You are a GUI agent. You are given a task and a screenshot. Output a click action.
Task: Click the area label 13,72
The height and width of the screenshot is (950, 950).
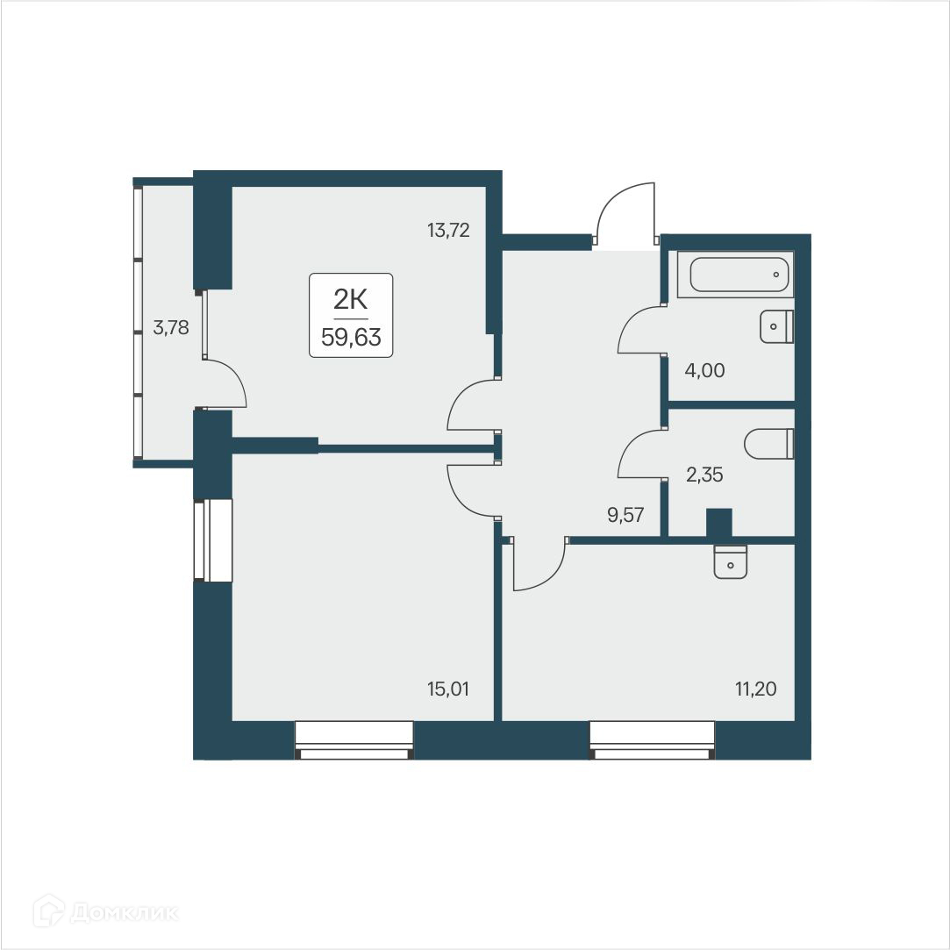point(448,232)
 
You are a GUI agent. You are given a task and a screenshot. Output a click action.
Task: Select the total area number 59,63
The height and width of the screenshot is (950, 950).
point(351,339)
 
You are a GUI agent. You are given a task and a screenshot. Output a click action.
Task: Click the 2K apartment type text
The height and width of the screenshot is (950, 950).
point(350,300)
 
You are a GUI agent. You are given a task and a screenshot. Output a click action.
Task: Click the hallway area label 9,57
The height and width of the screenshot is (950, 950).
point(626,515)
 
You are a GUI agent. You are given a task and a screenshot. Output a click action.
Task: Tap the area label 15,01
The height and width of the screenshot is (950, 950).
point(448,689)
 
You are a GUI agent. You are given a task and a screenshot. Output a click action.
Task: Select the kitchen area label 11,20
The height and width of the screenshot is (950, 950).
point(756,689)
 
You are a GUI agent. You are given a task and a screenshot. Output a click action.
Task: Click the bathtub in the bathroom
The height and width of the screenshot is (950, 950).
point(740,275)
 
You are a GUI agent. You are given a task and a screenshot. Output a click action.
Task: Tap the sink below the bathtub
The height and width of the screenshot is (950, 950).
point(775,326)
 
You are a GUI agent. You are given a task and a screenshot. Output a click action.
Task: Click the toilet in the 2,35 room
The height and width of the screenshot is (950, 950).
point(768,444)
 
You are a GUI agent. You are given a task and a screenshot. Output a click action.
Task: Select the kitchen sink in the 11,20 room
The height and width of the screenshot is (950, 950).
point(730,561)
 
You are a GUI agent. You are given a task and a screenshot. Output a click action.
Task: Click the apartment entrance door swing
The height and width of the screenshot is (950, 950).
point(625,213)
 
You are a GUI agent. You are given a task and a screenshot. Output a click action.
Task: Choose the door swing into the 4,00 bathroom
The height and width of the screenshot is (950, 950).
point(639,330)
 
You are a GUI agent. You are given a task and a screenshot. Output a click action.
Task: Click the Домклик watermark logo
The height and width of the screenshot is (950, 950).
point(105,912)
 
